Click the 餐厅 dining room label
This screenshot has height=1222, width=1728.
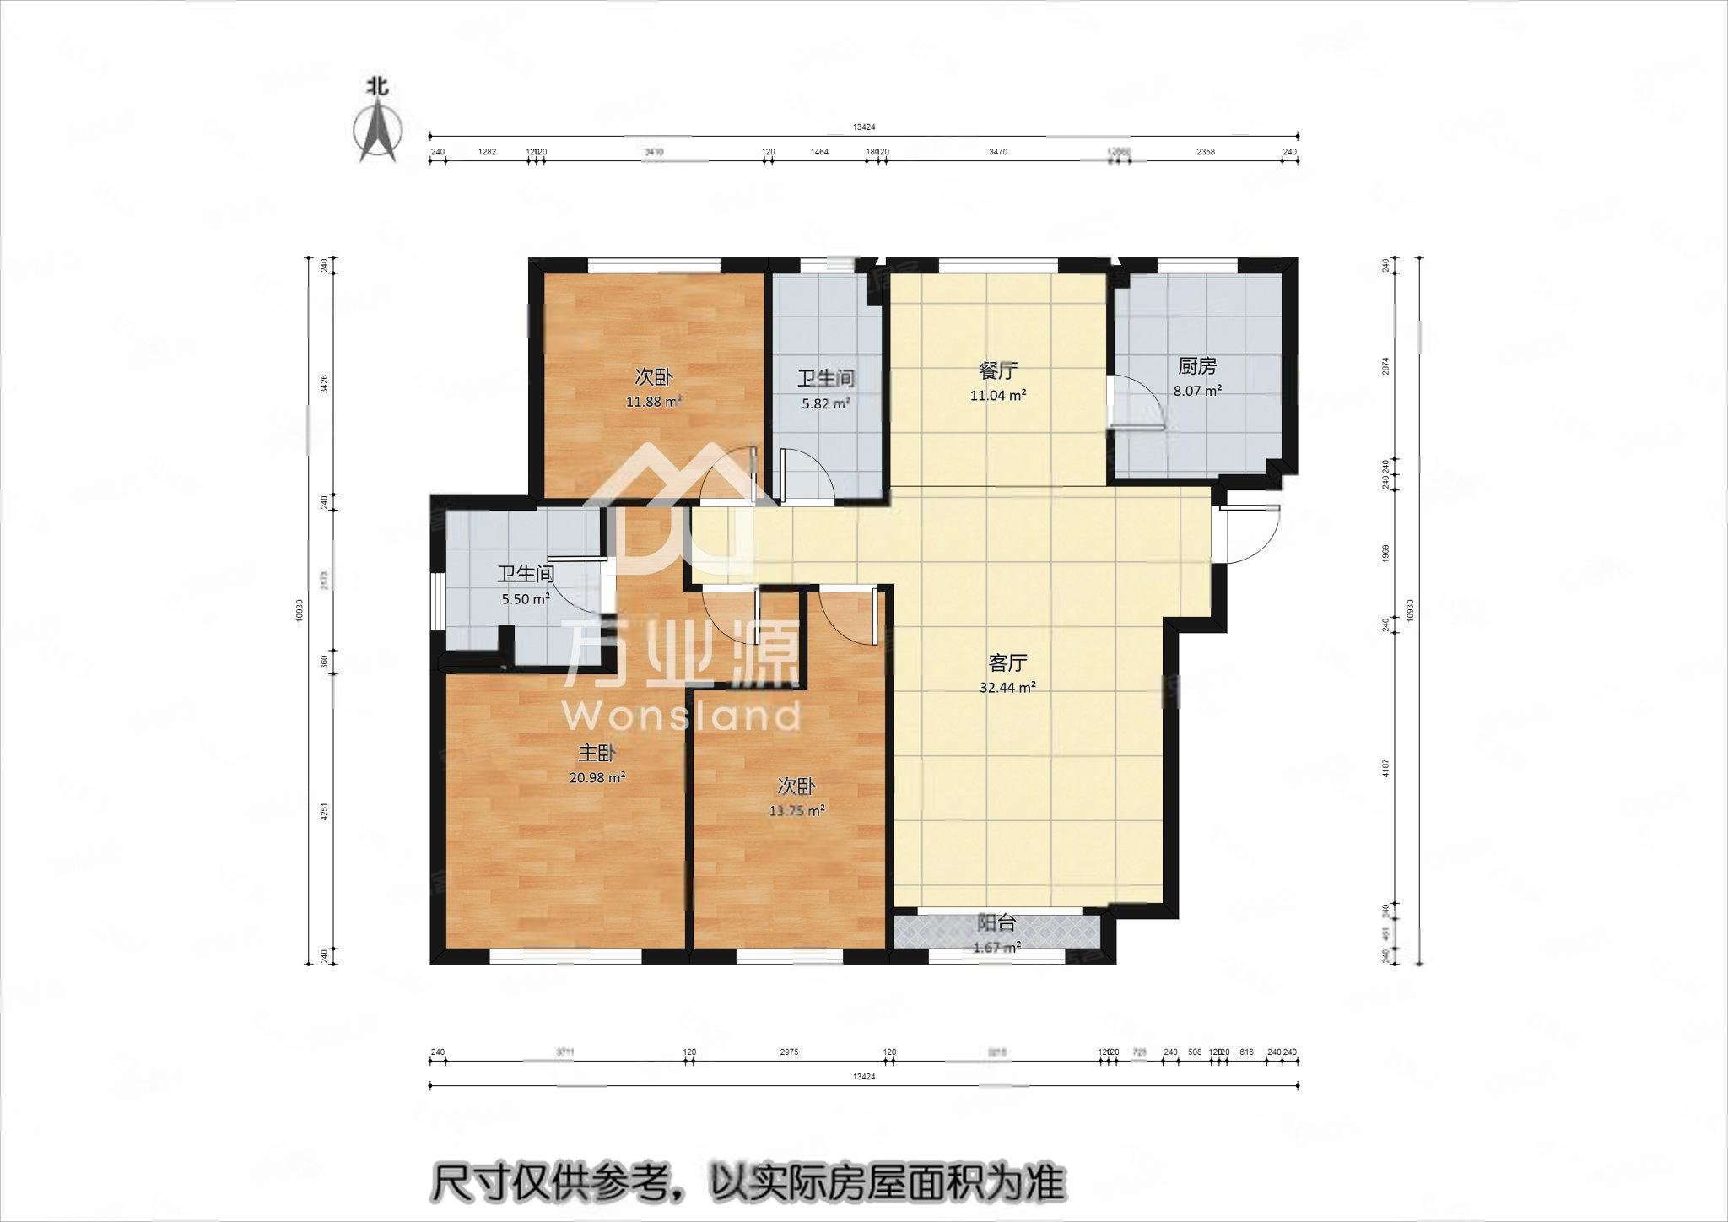pyautogui.click(x=997, y=370)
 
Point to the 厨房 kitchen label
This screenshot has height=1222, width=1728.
pyautogui.click(x=1196, y=366)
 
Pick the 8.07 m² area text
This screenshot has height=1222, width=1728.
pyautogui.click(x=1197, y=391)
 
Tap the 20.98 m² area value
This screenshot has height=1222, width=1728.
pyautogui.click(x=597, y=778)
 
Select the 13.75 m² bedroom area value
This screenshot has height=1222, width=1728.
pyautogui.click(x=796, y=810)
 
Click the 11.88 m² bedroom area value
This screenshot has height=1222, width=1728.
pyautogui.click(x=653, y=402)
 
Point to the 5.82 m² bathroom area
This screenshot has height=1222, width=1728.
pyautogui.click(x=825, y=403)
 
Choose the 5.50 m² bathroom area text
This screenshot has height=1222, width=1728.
pyautogui.click(x=525, y=598)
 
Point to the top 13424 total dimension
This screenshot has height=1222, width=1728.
pyautogui.click(x=863, y=127)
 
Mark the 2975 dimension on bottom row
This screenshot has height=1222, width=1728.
pyautogui.click(x=788, y=1052)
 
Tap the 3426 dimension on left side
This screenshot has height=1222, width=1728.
pyautogui.click(x=324, y=384)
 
